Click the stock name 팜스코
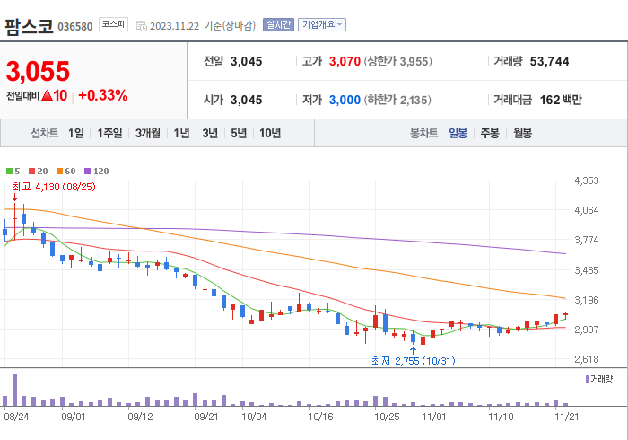pos(29,25)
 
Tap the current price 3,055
pos(38,71)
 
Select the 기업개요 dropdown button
pos(322,25)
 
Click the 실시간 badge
pos(278,25)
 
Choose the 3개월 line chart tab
pos(148,133)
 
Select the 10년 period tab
pos(269,133)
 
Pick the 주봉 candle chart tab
pos(490,133)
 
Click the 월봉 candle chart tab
pos(522,133)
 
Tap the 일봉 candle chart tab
pos(458,133)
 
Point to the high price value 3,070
pos(345,62)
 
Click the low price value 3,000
pos(345,100)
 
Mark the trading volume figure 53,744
pos(550,62)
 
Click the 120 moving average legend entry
pos(96,171)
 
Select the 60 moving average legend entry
pos(65,171)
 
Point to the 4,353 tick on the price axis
pos(586,181)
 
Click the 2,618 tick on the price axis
pos(586,359)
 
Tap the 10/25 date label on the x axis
pos(387,417)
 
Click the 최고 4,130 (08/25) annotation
pos(52,187)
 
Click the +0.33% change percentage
pos(103,95)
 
